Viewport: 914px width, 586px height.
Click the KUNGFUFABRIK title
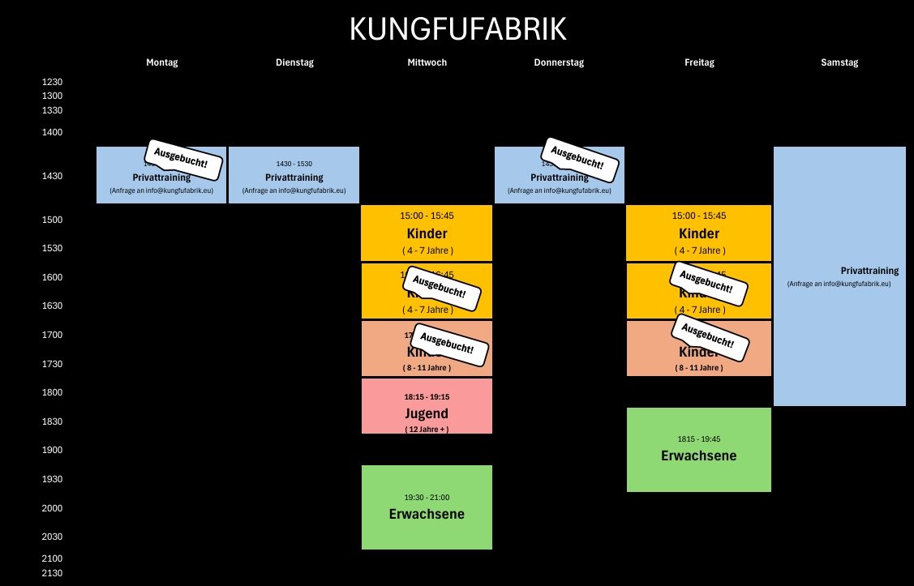coord(457,29)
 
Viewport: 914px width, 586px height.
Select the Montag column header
coord(161,62)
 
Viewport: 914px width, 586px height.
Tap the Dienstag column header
coord(294,62)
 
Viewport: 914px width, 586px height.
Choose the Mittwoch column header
coord(427,62)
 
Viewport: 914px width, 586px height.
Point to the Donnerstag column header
coord(559,62)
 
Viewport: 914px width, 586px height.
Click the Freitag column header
coord(698,62)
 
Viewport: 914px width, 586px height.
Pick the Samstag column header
coord(839,62)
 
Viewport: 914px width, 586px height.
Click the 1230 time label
coord(52,82)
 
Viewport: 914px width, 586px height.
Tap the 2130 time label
coord(52,573)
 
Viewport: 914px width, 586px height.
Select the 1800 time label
coord(52,392)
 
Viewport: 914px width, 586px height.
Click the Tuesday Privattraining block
coord(294,175)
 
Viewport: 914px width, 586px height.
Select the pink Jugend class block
coord(427,406)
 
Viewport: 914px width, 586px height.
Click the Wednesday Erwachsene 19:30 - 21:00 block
coord(427,507)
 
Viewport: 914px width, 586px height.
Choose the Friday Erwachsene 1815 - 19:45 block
coord(698,449)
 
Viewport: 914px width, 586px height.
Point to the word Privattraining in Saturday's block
coord(869,271)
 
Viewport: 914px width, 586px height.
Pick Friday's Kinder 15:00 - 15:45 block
coord(698,233)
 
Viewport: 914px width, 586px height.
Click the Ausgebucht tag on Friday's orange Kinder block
coord(708,337)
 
